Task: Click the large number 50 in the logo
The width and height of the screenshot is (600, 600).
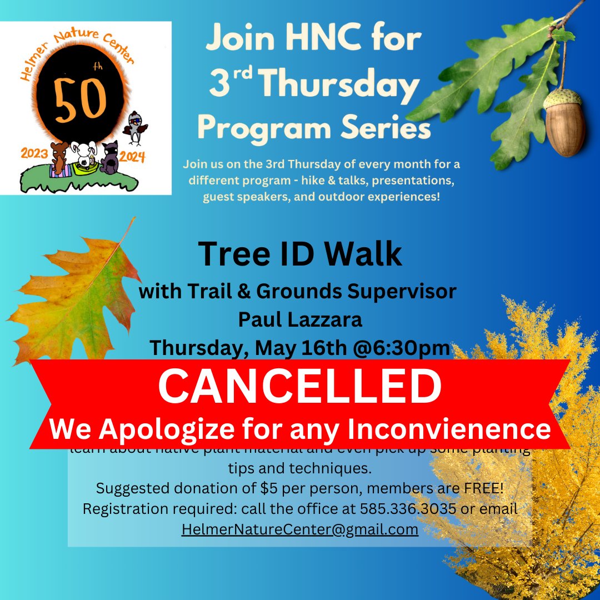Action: (88, 103)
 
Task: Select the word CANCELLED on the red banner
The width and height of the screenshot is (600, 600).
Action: (299, 387)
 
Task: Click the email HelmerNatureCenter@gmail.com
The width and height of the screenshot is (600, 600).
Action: (299, 529)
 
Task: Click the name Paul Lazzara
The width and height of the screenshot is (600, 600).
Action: (299, 319)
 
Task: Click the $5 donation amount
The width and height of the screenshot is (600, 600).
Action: (276, 489)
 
